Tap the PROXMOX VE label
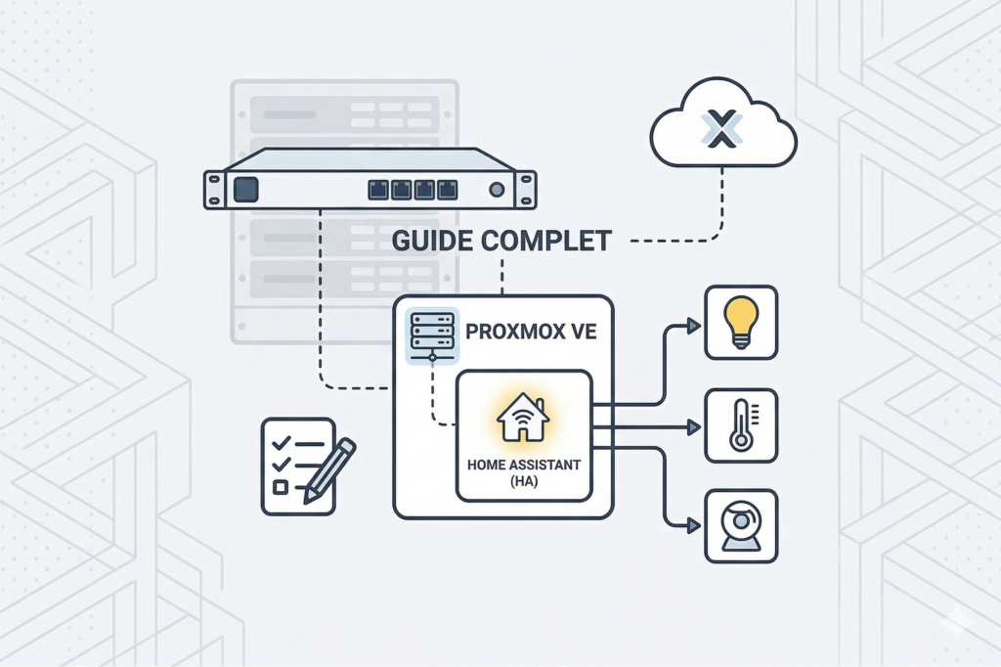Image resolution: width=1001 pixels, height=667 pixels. (x=530, y=333)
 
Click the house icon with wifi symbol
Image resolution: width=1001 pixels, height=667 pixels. (x=523, y=418)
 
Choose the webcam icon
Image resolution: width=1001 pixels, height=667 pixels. (x=741, y=525)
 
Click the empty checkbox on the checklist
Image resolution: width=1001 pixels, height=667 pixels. (x=281, y=486)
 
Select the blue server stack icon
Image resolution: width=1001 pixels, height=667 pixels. (x=431, y=333)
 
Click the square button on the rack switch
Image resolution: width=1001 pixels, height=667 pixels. (x=246, y=189)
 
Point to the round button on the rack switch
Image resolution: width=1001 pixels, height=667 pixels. (x=497, y=189)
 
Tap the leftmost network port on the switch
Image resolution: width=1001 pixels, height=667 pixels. (x=378, y=189)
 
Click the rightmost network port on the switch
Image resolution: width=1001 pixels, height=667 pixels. (x=447, y=189)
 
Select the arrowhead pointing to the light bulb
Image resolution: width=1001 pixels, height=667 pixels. (x=693, y=325)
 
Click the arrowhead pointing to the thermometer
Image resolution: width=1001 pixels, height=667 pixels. (x=693, y=427)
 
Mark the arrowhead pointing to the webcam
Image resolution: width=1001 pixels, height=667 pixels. (x=693, y=526)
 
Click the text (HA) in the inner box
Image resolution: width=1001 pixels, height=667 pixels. (x=523, y=482)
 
